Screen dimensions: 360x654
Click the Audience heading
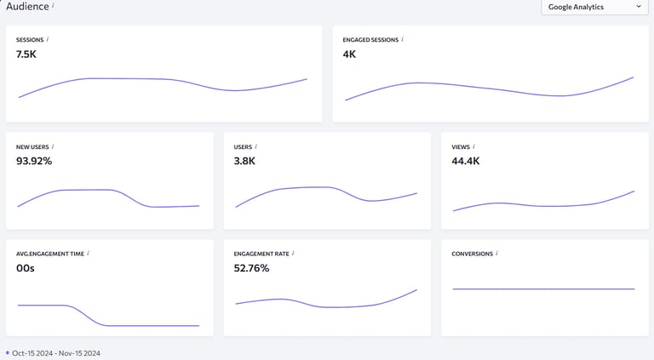pos(26,6)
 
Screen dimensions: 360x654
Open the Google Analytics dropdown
pos(595,7)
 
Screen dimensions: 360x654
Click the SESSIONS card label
pos(30,39)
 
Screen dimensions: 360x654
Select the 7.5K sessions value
pos(26,54)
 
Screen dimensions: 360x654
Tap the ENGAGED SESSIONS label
pos(370,39)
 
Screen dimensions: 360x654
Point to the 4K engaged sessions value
pos(349,54)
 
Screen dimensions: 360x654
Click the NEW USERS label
pos(32,146)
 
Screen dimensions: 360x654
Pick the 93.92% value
pos(34,161)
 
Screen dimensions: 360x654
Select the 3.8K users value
pos(244,161)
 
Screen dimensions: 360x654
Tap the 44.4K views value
pos(466,161)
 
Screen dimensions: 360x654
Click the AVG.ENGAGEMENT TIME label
pos(49,254)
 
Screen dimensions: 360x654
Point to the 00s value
pos(26,268)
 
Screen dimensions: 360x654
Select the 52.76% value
pos(251,268)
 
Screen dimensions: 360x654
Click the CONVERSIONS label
pos(473,254)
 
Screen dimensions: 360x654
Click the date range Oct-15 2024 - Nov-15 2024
pos(56,353)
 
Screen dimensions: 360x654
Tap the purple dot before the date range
pos(8,352)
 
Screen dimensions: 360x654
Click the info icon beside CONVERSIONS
pos(497,253)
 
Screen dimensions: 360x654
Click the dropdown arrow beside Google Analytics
pos(639,7)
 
